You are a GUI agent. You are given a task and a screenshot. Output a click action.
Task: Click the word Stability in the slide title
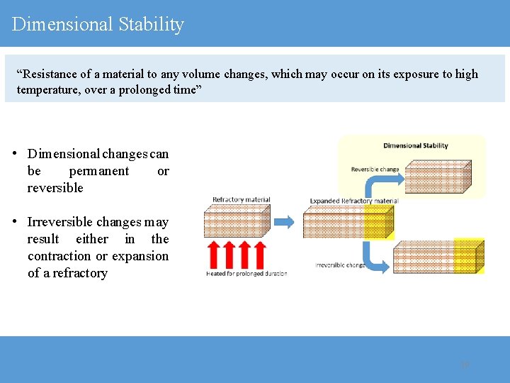pyautogui.click(x=151, y=24)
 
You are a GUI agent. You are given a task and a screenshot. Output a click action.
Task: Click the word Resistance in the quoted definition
pyautogui.click(x=50, y=74)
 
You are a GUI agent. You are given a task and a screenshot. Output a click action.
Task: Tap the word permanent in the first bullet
pyautogui.click(x=99, y=171)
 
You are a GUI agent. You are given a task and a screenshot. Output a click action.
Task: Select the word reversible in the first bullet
pyautogui.click(x=55, y=188)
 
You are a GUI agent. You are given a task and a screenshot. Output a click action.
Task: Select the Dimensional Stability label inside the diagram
pyautogui.click(x=415, y=146)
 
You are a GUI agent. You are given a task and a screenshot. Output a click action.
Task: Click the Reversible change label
pyautogui.click(x=375, y=170)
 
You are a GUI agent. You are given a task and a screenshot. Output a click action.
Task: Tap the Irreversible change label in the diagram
pyautogui.click(x=341, y=265)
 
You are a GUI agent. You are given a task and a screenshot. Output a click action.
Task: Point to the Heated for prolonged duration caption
pyautogui.click(x=246, y=274)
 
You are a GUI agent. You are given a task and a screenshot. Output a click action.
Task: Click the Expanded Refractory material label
pyautogui.click(x=353, y=201)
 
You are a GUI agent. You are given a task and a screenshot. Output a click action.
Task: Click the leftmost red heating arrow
pyautogui.click(x=213, y=254)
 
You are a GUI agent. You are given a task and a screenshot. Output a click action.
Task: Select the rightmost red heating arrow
pyautogui.click(x=260, y=254)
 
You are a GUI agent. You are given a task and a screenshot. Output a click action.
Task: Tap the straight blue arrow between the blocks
pyautogui.click(x=284, y=222)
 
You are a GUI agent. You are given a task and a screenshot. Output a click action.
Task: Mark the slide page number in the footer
pyautogui.click(x=465, y=365)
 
